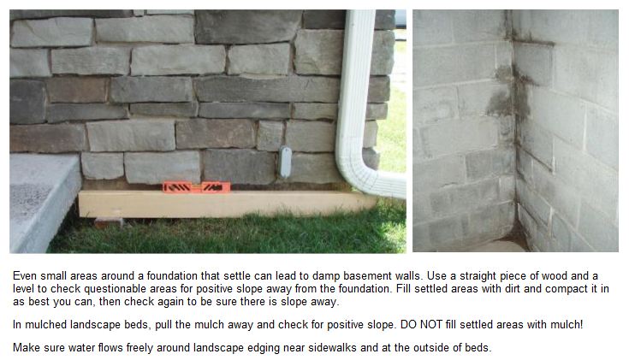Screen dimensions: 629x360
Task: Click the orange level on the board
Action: click(196, 187)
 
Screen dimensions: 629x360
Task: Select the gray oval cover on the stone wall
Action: click(285, 162)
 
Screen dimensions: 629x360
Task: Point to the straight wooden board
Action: click(227, 204)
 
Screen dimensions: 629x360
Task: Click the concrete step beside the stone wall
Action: click(42, 203)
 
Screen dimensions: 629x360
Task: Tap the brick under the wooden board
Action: click(109, 221)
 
